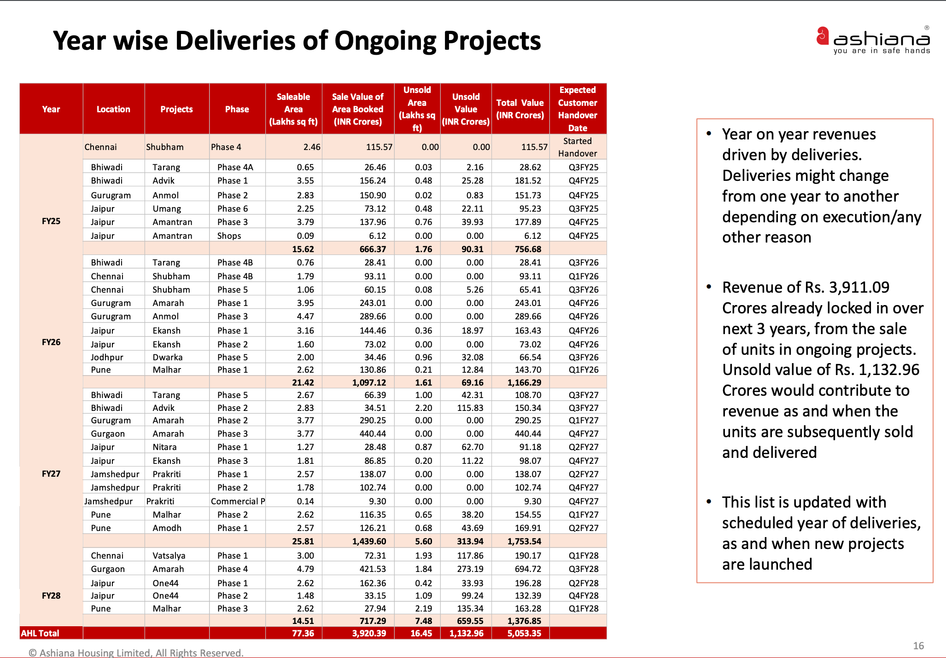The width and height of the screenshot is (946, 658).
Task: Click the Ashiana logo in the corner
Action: click(873, 40)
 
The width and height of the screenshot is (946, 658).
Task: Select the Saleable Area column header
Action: click(293, 109)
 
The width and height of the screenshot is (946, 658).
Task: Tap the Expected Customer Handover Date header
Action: click(578, 109)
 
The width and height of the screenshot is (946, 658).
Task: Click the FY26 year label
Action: click(51, 342)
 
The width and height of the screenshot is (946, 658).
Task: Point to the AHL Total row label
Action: click(40, 633)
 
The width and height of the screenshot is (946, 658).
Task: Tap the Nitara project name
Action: click(164, 447)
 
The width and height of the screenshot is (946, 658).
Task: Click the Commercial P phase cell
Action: click(238, 501)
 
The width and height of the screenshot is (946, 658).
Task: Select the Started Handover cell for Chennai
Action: click(578, 147)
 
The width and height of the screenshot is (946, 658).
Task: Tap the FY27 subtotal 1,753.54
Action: click(524, 541)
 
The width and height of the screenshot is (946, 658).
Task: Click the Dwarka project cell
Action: click(168, 357)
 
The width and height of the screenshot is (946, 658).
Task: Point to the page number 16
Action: click(918, 646)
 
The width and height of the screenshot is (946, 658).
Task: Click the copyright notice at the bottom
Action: click(136, 652)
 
